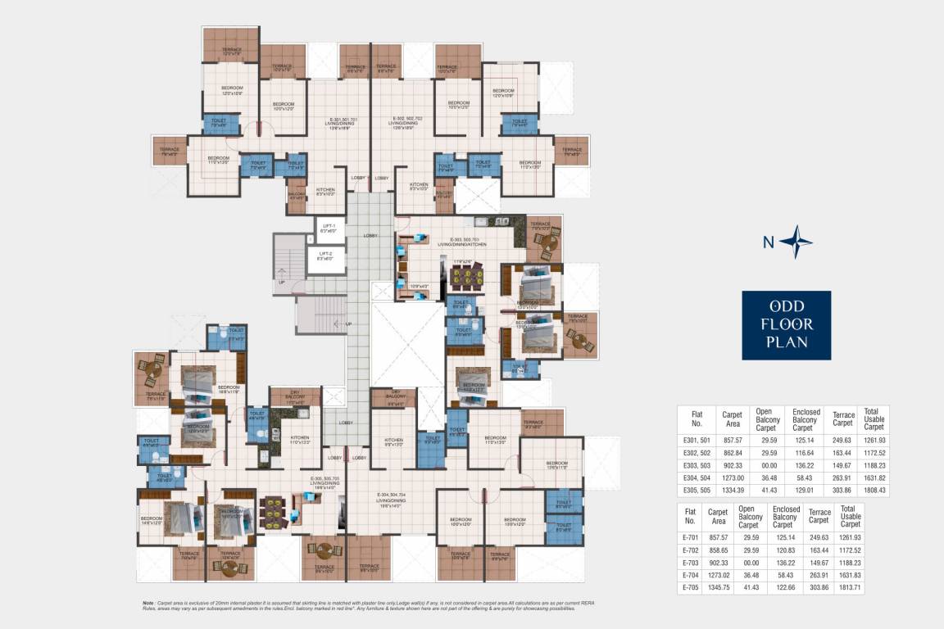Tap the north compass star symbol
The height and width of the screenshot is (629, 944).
(796, 242)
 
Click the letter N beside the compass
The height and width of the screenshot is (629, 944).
(768, 242)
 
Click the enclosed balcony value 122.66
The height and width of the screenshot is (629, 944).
(785, 588)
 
